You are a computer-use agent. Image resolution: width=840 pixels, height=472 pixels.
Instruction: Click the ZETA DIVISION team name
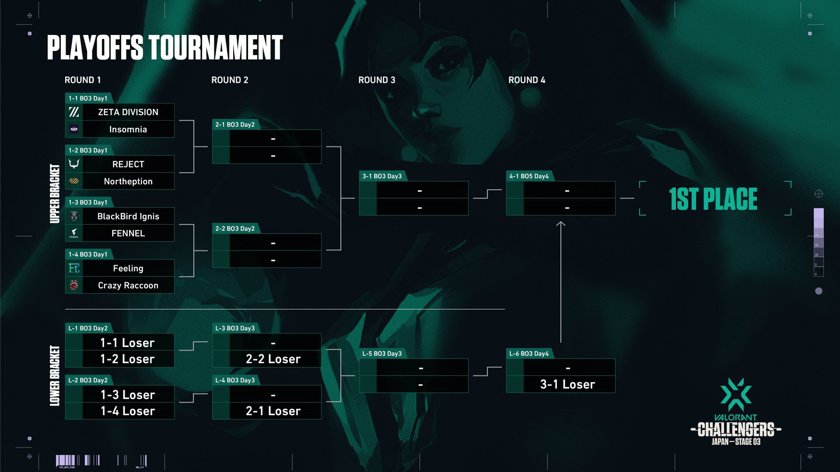click(x=128, y=112)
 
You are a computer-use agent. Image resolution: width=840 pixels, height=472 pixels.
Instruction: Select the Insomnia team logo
click(x=74, y=129)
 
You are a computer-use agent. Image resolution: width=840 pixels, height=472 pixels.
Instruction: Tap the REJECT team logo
click(x=74, y=164)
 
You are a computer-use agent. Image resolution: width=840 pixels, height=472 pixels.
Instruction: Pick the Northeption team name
click(x=128, y=181)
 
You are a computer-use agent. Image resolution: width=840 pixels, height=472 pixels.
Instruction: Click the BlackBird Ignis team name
click(x=128, y=216)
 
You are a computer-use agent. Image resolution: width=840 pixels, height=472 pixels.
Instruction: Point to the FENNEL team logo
click(x=74, y=233)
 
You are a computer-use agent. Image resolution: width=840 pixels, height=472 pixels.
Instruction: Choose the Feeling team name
click(x=128, y=268)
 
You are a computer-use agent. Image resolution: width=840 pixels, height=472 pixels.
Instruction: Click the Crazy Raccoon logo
click(x=74, y=285)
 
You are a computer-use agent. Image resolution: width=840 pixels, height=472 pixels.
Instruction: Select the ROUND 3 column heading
click(x=376, y=80)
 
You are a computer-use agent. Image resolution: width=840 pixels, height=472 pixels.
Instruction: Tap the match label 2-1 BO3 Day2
click(x=235, y=125)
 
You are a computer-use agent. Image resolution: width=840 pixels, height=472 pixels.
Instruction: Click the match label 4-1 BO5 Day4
click(x=528, y=176)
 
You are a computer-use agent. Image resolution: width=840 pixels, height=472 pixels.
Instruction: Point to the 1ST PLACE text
click(x=713, y=199)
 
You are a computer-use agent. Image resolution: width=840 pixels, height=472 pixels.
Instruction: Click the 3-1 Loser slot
click(x=567, y=385)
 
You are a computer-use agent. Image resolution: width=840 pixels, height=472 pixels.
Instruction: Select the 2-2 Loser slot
click(x=273, y=359)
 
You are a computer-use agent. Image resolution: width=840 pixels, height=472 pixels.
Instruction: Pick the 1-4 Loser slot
click(x=128, y=411)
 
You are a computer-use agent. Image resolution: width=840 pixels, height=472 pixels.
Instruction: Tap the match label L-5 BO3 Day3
click(x=381, y=354)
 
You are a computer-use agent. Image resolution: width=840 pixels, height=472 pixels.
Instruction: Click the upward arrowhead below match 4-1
click(x=560, y=224)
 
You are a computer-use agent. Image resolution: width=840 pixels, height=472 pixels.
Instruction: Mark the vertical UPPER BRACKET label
click(x=55, y=194)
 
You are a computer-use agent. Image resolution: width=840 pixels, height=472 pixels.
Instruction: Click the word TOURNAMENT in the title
click(x=216, y=48)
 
